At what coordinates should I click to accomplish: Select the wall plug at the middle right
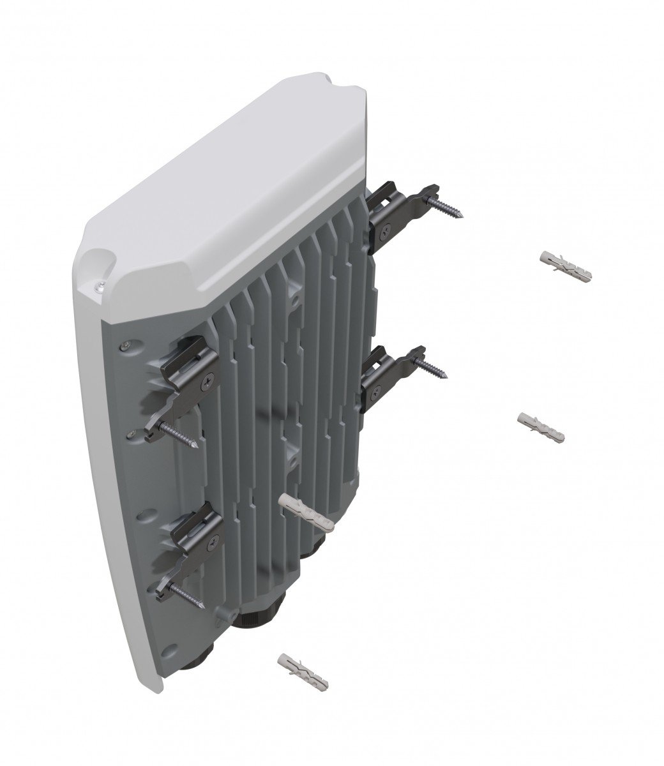coord(540,426)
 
